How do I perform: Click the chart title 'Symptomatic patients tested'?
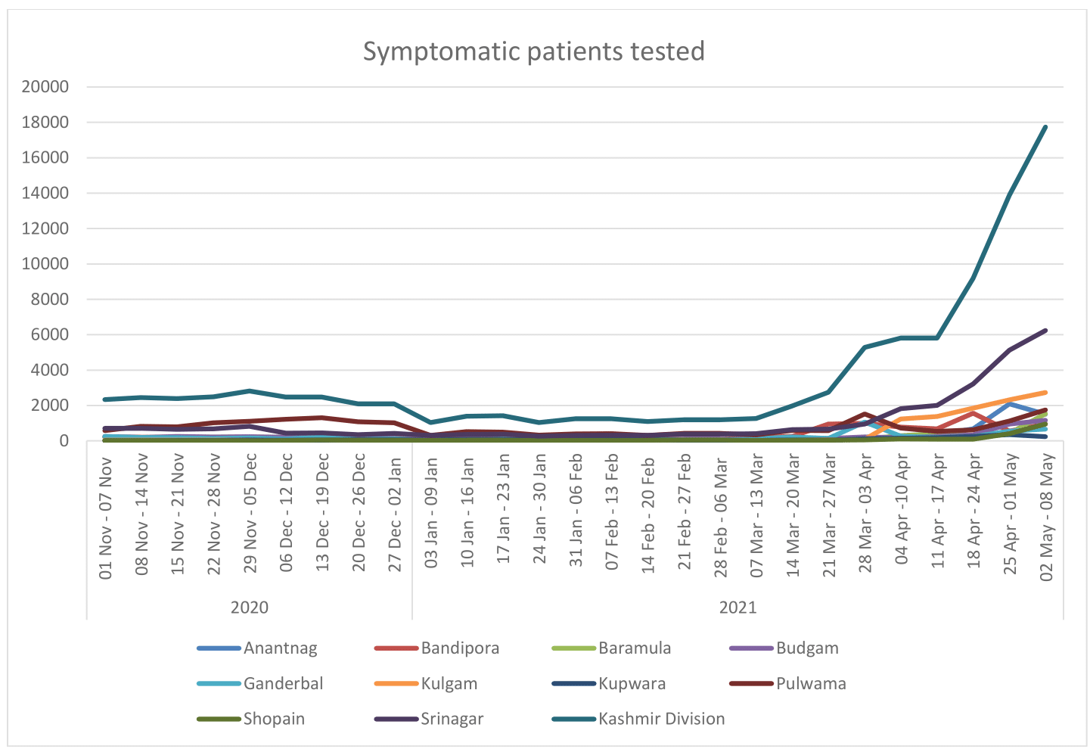(x=533, y=51)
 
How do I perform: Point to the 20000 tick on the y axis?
(x=45, y=87)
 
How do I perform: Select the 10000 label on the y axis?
(x=45, y=264)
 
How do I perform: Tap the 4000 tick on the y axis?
(x=50, y=370)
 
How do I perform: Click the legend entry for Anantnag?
(x=280, y=648)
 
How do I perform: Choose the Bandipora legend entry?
(x=460, y=648)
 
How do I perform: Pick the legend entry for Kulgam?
(x=449, y=684)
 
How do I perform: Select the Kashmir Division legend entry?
(x=661, y=719)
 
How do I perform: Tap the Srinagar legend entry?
(x=452, y=719)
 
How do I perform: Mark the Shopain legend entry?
(x=274, y=719)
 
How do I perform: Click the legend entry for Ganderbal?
(x=283, y=684)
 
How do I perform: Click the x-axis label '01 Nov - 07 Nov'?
(x=106, y=517)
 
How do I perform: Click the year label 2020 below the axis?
(x=250, y=608)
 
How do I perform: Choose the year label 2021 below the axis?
(x=738, y=608)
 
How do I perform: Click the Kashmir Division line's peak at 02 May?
(x=1045, y=127)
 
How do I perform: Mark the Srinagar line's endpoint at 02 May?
(x=1045, y=331)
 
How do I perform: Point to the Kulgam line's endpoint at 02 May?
(x=1045, y=393)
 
